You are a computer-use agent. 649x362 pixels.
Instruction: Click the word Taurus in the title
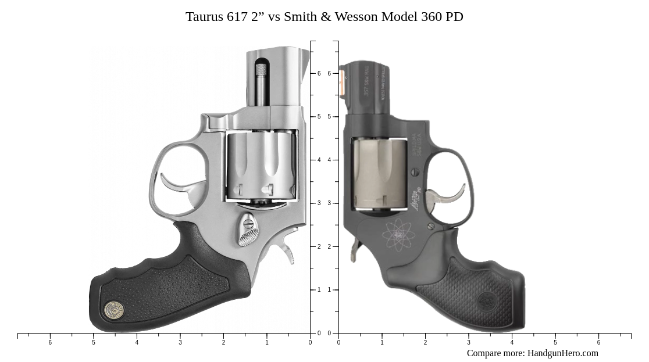pyautogui.click(x=204, y=17)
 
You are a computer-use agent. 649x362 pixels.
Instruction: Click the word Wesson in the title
pyautogui.click(x=355, y=17)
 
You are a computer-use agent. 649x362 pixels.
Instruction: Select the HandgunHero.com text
pyautogui.click(x=562, y=353)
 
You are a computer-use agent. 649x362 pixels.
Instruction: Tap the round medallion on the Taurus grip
pyautogui.click(x=114, y=310)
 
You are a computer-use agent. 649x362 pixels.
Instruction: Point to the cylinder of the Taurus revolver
pyautogui.click(x=261, y=165)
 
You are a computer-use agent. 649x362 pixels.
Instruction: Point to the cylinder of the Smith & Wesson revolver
pyautogui.click(x=380, y=173)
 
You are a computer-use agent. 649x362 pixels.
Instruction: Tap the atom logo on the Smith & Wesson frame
pyautogui.click(x=398, y=235)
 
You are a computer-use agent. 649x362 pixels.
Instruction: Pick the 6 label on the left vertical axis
pyautogui.click(x=319, y=74)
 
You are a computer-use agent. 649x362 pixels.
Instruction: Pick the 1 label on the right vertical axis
pyautogui.click(x=329, y=290)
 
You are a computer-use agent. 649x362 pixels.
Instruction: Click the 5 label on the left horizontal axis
pyautogui.click(x=93, y=343)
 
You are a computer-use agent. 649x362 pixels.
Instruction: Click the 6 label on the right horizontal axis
pyautogui.click(x=598, y=343)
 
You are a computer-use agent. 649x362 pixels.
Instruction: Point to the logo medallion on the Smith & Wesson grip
pyautogui.click(x=486, y=302)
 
